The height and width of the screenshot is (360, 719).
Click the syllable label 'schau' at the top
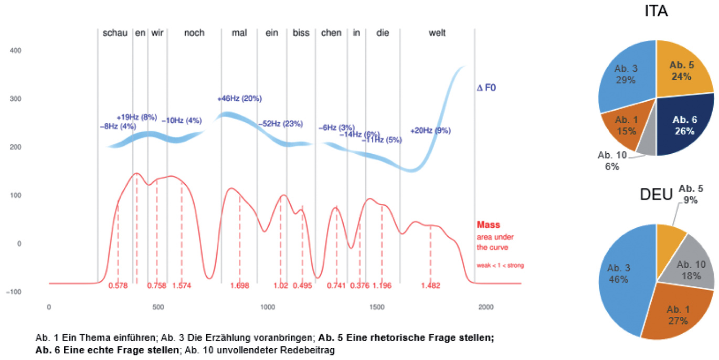click(x=115, y=33)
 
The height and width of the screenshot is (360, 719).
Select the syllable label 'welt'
click(x=437, y=33)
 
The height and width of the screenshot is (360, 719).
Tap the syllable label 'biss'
click(x=301, y=33)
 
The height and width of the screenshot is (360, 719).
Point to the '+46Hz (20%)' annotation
click(x=239, y=99)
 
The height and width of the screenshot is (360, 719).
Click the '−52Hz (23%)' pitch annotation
click(x=280, y=124)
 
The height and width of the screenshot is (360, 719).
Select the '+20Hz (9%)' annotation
click(x=430, y=131)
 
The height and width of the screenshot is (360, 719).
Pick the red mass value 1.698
click(x=239, y=286)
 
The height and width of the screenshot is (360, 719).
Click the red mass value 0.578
click(x=118, y=286)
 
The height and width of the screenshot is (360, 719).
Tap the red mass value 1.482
click(x=430, y=286)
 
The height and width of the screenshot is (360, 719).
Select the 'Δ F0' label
click(x=487, y=88)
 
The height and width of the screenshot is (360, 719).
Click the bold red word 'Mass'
click(x=488, y=225)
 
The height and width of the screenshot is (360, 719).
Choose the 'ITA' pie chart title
click(x=656, y=12)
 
